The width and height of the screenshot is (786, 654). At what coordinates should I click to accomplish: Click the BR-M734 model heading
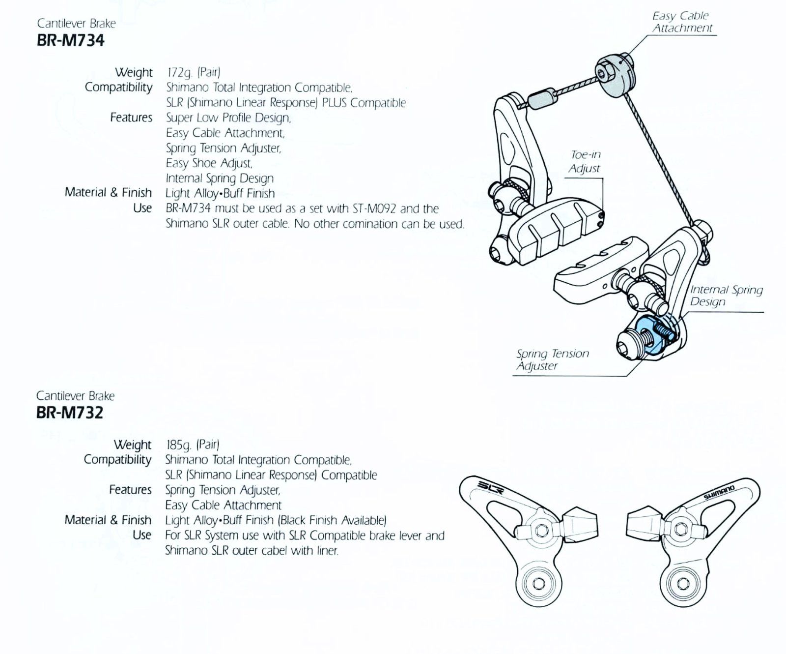pos(71,40)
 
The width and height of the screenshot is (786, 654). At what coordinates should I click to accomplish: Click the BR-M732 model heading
pos(70,413)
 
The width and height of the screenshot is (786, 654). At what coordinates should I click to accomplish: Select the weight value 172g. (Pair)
pos(194,72)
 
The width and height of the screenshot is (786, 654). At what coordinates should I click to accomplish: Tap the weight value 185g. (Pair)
pos(192,445)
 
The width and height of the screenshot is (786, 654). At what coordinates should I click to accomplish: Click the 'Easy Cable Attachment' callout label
pos(682,22)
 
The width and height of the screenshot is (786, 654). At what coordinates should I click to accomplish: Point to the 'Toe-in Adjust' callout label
pos(585,161)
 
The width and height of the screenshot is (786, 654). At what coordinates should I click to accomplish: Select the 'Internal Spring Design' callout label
pos(726,296)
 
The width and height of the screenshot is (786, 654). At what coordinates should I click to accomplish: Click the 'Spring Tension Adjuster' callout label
pos(552,359)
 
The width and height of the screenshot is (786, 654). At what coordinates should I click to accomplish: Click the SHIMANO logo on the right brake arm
pos(719,492)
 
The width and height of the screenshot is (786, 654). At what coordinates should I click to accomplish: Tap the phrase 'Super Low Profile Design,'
pos(228,118)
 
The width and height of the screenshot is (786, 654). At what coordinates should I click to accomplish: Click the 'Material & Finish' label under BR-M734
pos(108,192)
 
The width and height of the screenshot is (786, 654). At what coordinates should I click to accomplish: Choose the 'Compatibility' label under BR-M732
pos(117,460)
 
